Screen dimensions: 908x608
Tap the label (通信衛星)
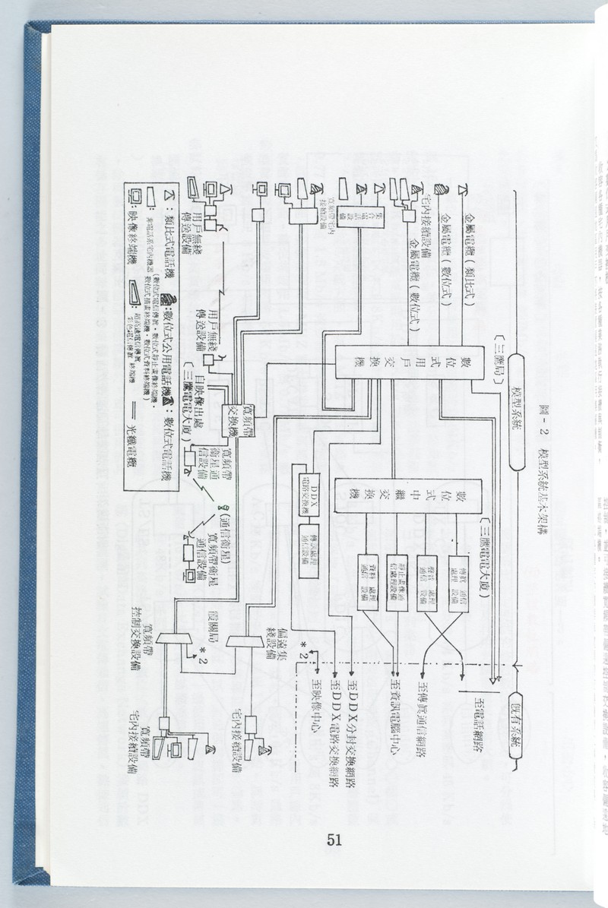coord(226,531)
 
